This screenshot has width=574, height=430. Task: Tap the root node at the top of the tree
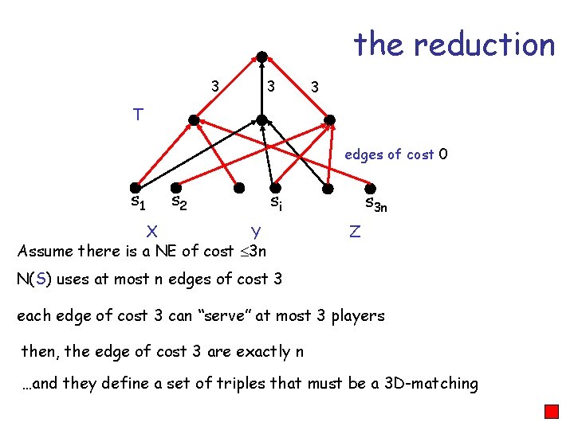[x=261, y=57]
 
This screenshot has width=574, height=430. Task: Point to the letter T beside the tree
[x=138, y=115]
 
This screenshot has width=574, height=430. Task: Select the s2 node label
[x=179, y=202]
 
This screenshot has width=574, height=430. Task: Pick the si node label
[x=275, y=202]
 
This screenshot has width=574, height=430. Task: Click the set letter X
[x=151, y=231]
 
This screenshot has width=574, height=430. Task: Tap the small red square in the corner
[x=551, y=412]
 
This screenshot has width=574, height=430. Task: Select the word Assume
[x=45, y=252]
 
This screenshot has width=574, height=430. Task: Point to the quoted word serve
[x=237, y=315]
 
